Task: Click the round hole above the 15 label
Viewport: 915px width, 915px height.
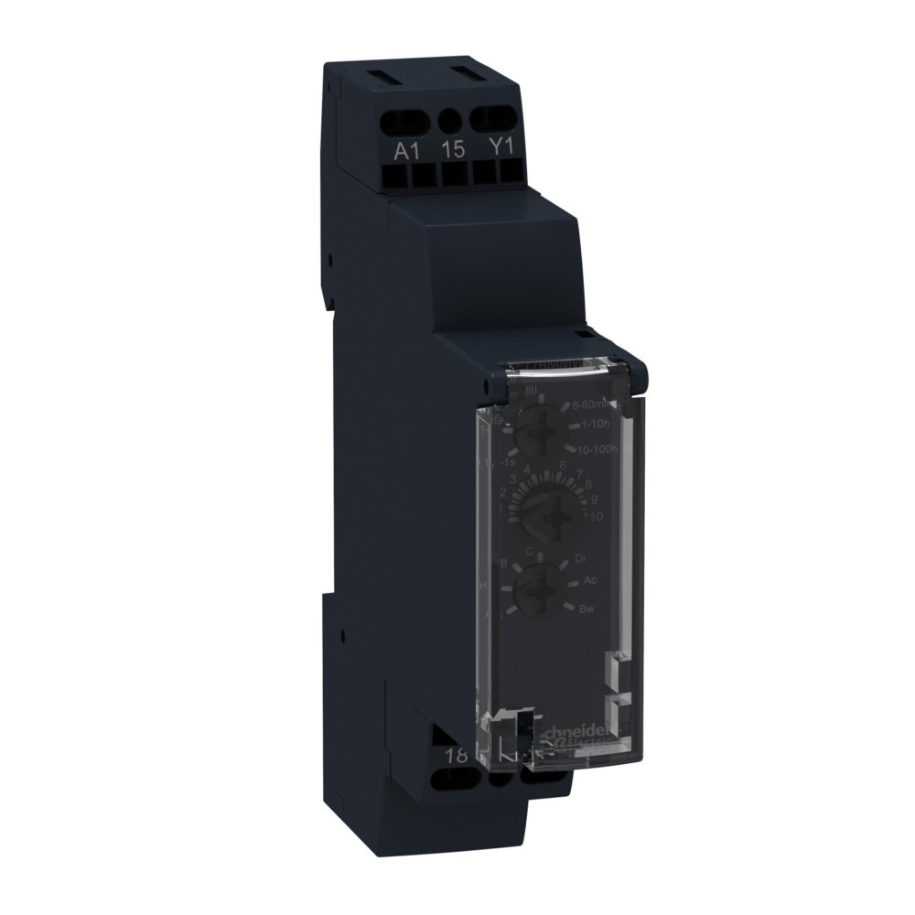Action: pyautogui.click(x=449, y=119)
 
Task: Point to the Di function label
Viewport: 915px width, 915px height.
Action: pyautogui.click(x=580, y=557)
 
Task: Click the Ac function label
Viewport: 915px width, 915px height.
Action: pyautogui.click(x=589, y=581)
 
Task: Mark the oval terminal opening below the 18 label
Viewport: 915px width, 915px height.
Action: pyautogui.click(x=454, y=780)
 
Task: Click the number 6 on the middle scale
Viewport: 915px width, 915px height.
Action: pyautogui.click(x=562, y=466)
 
